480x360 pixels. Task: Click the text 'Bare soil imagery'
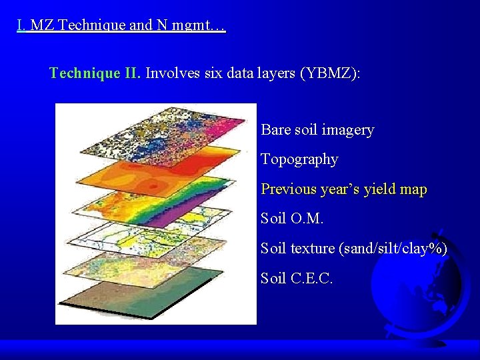coord(317,130)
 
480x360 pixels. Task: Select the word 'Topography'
coord(299,159)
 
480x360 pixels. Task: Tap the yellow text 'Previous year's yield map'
coord(343,189)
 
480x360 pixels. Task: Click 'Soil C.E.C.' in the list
coord(296,277)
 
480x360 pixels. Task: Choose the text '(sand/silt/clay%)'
coord(393,248)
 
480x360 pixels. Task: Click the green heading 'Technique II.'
coord(95,73)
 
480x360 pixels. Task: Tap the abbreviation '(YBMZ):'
coord(330,73)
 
